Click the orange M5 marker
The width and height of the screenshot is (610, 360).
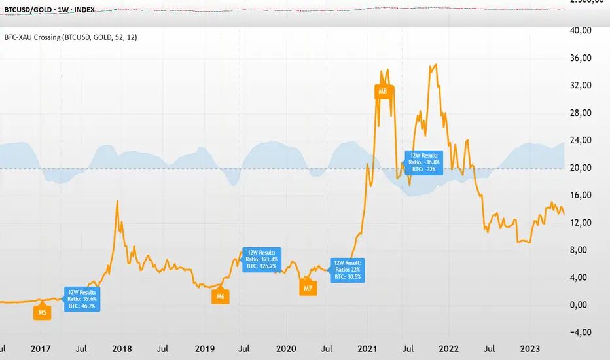pos(42,312)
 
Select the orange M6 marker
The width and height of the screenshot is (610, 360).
pos(221,296)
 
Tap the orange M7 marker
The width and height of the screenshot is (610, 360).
pos(308,287)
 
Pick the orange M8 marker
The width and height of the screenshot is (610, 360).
pos(383,92)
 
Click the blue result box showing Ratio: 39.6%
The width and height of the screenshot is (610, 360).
pos(82,298)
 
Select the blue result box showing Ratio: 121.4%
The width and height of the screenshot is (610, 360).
pos(262,260)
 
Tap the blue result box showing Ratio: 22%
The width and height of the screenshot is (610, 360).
pos(348,269)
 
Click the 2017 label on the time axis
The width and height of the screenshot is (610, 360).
pos(41,349)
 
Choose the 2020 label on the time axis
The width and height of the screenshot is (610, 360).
pos(286,349)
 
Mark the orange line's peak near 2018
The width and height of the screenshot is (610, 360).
pos(117,201)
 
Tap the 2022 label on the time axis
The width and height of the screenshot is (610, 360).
pos(449,349)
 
